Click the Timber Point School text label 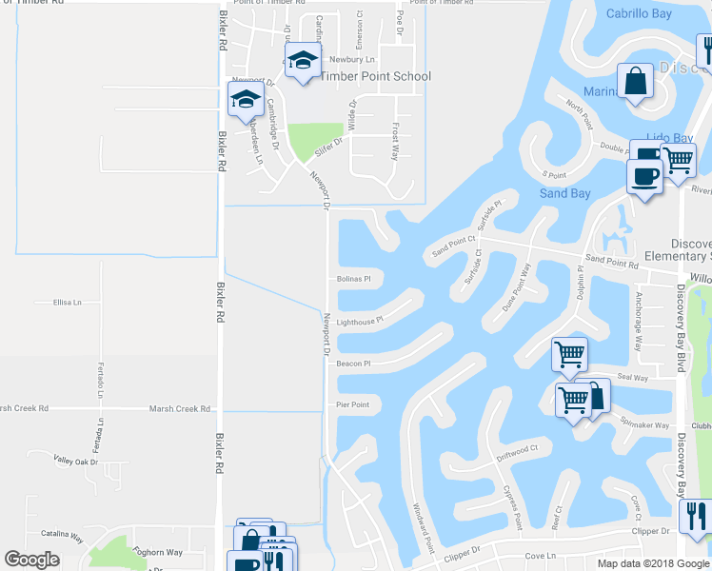(x=376, y=76)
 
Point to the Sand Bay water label (x=566, y=193)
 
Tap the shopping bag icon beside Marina (x=635, y=83)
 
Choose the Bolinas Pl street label (x=353, y=279)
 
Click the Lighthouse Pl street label (x=359, y=322)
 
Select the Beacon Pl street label (x=352, y=363)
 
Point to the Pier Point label (x=352, y=404)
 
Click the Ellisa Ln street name (x=68, y=303)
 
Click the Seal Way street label (x=632, y=378)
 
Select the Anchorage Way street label (x=639, y=322)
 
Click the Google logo (x=31, y=560)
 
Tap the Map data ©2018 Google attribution (x=653, y=563)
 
